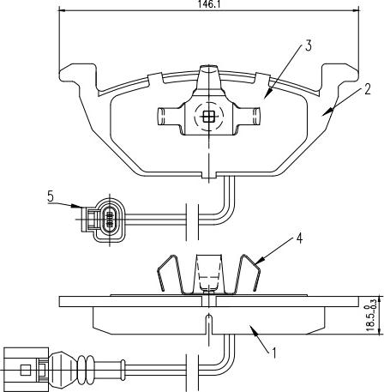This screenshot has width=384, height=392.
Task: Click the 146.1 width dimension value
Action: [x=207, y=3]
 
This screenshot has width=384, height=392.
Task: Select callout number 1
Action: [x=274, y=353]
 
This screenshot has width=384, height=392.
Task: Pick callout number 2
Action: [x=367, y=89]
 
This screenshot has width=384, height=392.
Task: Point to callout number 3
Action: [x=308, y=45]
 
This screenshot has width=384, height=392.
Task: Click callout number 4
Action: [x=299, y=238]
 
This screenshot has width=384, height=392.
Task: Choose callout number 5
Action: [x=51, y=196]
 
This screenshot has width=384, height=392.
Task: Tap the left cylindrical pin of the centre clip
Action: [x=169, y=117]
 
